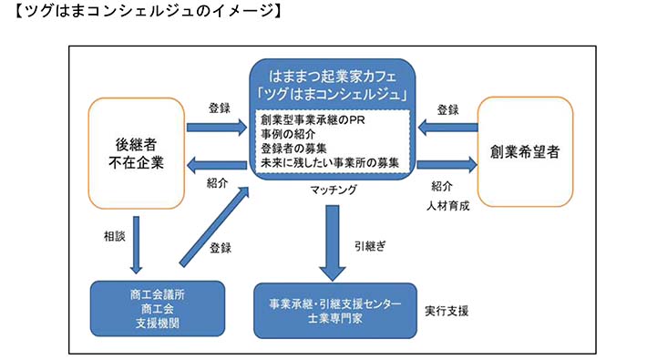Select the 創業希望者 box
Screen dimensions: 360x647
[524, 151]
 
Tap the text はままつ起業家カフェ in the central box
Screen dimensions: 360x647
[332, 73]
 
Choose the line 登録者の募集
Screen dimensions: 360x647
[299, 149]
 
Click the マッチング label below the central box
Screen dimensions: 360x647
[332, 190]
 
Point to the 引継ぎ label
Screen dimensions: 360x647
[369, 244]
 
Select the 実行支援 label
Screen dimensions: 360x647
[447, 311]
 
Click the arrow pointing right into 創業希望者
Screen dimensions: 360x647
[447, 164]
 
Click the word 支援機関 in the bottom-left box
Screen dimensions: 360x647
[151, 322]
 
